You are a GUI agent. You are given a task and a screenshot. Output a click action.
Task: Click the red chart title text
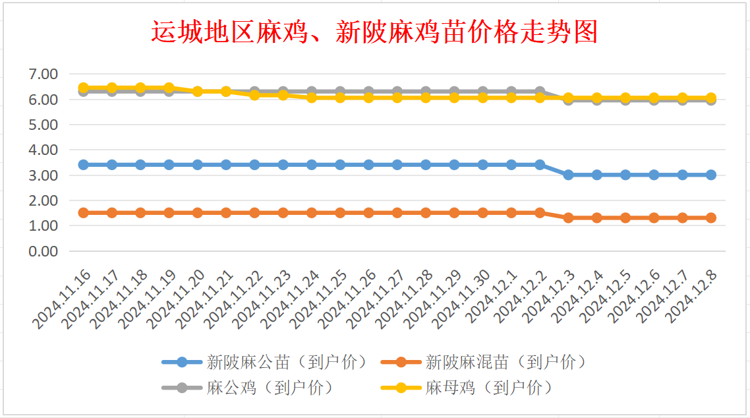tap(374, 31)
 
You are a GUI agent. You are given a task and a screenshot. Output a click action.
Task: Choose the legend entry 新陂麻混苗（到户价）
tap(505, 362)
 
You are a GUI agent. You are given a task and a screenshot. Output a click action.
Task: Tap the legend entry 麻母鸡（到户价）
tap(488, 388)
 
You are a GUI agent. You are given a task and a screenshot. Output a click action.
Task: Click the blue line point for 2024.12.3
tap(568, 175)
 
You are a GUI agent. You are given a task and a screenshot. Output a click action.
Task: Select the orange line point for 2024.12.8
tap(711, 218)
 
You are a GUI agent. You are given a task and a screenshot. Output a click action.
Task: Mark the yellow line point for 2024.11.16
tap(84, 88)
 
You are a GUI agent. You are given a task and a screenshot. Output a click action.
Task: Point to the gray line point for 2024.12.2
tap(540, 91)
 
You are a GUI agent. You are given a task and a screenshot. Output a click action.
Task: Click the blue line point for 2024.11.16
tap(84, 165)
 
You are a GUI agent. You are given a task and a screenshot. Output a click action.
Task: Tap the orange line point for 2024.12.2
tap(540, 212)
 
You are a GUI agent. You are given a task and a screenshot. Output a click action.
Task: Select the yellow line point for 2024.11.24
tap(312, 98)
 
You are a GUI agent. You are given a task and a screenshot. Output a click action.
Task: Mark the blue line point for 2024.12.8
tap(711, 175)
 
